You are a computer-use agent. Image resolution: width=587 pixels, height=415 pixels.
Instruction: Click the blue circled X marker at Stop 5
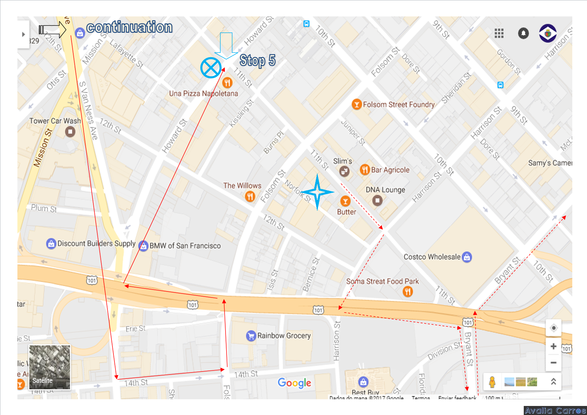point(211,68)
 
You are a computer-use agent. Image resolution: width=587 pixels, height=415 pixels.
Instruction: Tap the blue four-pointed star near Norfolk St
point(317,192)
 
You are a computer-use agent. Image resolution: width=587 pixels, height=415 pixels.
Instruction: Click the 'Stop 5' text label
point(257,61)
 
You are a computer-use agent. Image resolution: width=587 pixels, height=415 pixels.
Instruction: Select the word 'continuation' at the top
point(130,27)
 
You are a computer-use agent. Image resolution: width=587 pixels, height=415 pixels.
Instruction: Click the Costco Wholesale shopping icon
point(467,257)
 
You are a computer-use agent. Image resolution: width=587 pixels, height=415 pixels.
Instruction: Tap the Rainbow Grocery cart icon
point(251,336)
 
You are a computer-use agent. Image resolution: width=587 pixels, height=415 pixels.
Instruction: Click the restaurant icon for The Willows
point(250,196)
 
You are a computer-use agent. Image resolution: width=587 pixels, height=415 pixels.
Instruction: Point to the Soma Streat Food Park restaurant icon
point(407,292)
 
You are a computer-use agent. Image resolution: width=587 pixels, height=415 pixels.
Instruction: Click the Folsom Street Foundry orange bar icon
point(356,104)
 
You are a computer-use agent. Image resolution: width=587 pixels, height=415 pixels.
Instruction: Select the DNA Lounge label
point(385,190)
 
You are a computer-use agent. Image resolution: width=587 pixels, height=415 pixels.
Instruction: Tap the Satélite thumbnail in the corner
point(50,367)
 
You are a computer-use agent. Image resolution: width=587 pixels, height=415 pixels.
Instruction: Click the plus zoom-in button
point(554,346)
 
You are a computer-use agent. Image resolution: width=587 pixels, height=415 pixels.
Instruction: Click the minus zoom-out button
point(554,363)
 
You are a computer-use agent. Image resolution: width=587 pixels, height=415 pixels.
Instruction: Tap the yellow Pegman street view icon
point(492,382)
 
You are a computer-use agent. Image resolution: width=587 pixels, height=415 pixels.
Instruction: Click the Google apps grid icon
point(499,33)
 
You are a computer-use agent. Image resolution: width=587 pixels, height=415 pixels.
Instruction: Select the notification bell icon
point(523,33)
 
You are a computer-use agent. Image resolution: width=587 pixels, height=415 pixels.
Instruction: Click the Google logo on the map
point(295,383)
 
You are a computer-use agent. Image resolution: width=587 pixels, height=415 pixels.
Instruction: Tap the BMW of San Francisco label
point(185,246)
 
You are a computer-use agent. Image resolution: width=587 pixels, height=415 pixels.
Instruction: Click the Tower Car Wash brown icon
point(70,132)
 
